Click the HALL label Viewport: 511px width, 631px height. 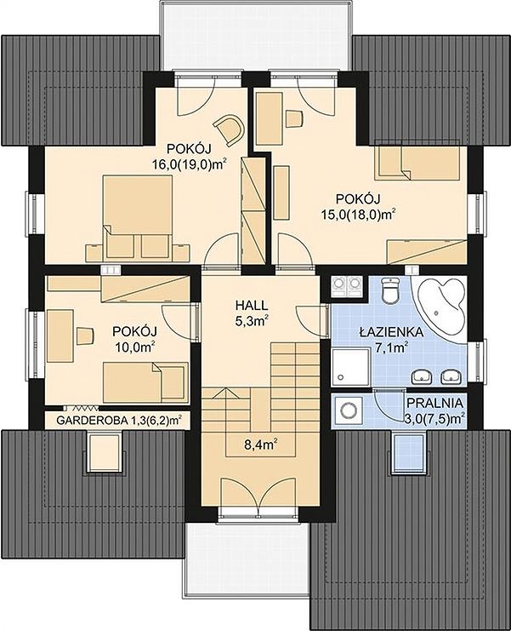point(252,306)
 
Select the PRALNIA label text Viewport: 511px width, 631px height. point(434,403)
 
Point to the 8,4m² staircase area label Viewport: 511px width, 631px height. point(262,445)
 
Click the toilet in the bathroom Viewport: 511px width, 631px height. point(389,290)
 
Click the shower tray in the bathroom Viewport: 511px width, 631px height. point(350,367)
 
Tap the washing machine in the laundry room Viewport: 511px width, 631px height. point(348,410)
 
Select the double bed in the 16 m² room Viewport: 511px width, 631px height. point(138,216)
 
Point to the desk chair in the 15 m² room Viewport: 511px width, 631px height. point(294,119)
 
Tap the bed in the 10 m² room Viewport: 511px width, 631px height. point(146,381)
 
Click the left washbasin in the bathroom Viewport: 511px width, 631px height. point(421,376)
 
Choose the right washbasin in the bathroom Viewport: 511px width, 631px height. point(451,376)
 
